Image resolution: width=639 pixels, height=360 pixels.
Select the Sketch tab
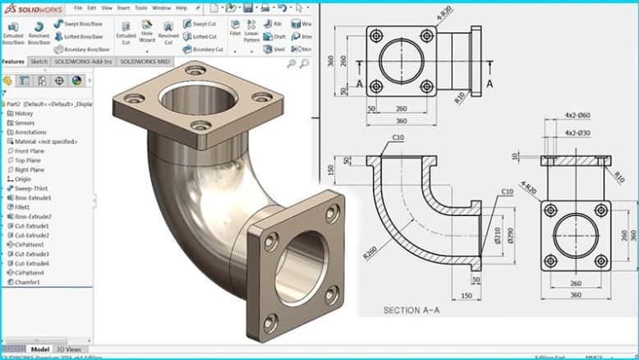(x=39, y=62)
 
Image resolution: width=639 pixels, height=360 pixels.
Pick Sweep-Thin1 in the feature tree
(x=32, y=189)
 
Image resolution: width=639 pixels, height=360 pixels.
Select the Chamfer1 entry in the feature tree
(x=29, y=282)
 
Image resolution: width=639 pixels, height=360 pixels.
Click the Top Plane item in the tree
(x=30, y=160)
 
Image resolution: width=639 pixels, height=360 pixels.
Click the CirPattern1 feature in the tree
(x=31, y=245)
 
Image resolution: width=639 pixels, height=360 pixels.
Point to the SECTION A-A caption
(x=413, y=311)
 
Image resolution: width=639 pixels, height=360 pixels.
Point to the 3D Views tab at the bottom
(x=69, y=349)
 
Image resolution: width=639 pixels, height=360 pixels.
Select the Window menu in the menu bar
(x=162, y=8)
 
